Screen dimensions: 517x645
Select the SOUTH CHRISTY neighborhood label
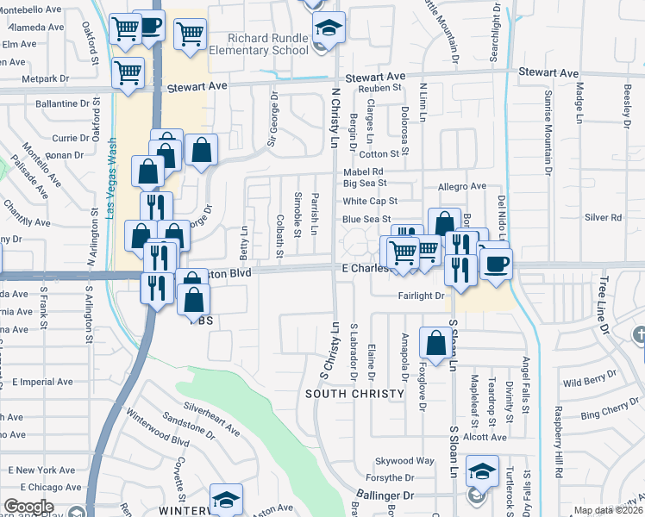pos(354,394)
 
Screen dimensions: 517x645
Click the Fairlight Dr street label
pos(421,296)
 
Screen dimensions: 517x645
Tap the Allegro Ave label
pos(462,186)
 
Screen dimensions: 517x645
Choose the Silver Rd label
pos(603,218)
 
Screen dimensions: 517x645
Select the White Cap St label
pos(368,201)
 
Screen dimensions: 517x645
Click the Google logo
pos(28,507)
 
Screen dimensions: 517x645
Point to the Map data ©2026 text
pos(609,510)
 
